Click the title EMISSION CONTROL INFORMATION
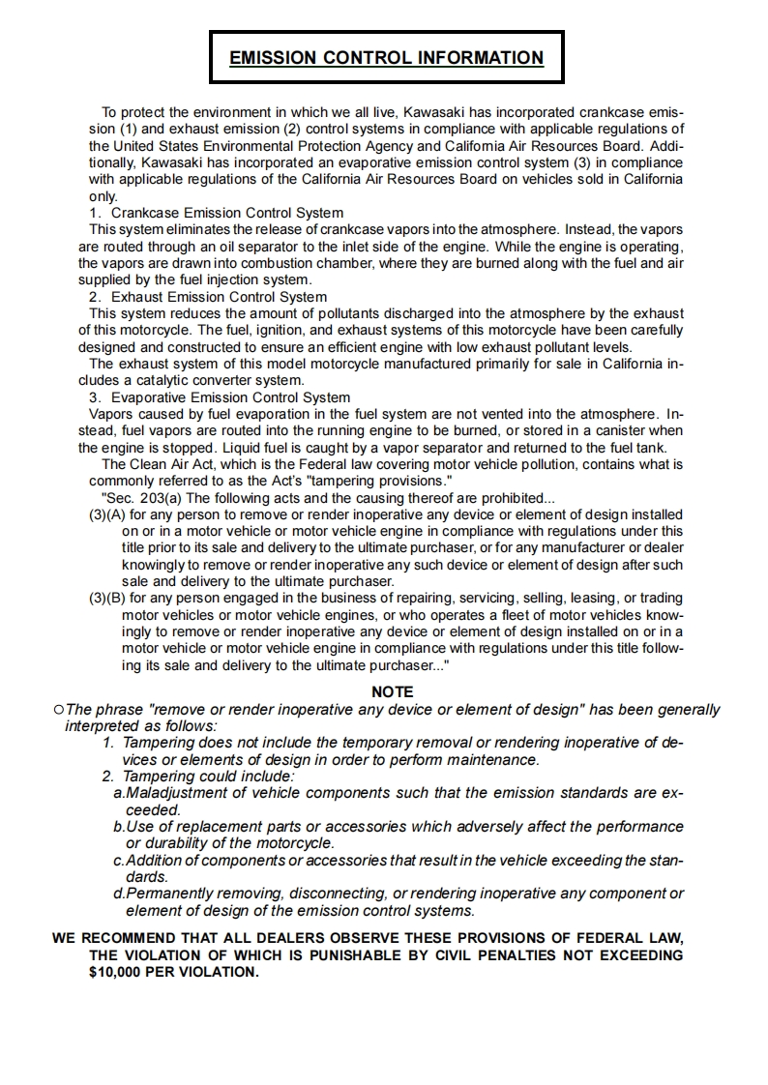(386, 58)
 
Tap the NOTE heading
(392, 692)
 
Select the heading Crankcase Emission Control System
(226, 213)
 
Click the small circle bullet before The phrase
(60, 710)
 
